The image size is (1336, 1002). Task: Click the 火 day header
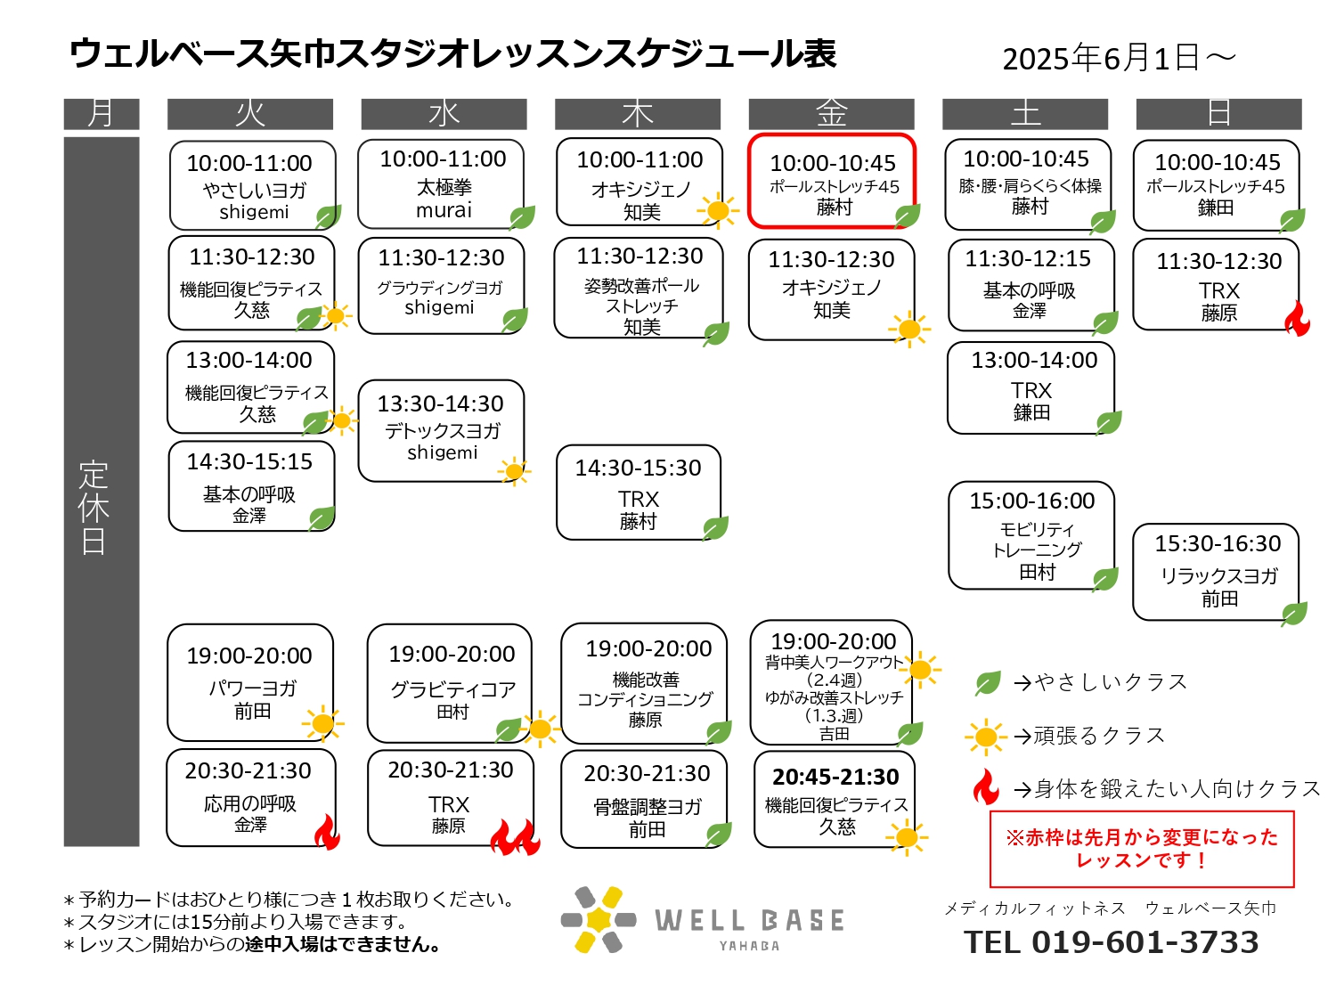coord(249,114)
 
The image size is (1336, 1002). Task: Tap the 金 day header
coord(831,114)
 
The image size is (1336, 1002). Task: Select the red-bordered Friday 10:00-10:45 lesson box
coord(831,181)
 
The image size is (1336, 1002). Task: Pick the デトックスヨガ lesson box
coord(441,431)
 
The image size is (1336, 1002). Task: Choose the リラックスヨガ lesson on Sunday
coord(1216,572)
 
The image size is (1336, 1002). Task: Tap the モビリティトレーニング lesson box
coord(1031,535)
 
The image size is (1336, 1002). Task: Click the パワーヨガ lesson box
coord(250,682)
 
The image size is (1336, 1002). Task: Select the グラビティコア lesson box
coord(450,682)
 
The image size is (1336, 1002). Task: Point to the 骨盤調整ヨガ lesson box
coord(644,799)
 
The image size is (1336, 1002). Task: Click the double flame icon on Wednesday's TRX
coord(515,836)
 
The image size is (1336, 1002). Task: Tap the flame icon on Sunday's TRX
coord(1297,318)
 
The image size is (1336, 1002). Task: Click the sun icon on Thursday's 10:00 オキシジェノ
coord(718,210)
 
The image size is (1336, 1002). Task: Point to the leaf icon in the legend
coord(987,682)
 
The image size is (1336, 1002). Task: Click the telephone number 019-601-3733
coord(1145,942)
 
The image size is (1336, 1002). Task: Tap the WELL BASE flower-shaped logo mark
coord(599,919)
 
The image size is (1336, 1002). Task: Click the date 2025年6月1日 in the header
coord(1101,59)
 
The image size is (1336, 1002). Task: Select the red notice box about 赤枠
coord(1142,850)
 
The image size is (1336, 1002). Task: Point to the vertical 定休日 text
coord(94,509)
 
